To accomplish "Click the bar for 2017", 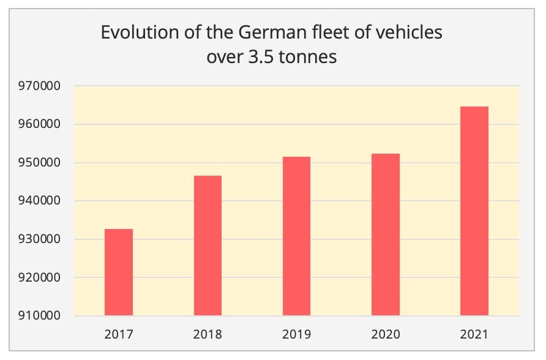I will click(x=119, y=272).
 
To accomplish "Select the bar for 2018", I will click(x=208, y=246).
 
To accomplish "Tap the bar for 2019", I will click(x=296, y=236).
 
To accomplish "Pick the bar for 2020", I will click(x=386, y=234).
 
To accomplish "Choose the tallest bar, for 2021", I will click(x=474, y=211).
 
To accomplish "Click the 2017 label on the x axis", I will click(x=119, y=334).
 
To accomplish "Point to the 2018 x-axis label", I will click(x=208, y=334).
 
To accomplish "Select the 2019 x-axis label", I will click(x=296, y=334).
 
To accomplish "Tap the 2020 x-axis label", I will click(x=386, y=334).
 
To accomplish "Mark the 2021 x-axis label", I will click(x=474, y=334).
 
